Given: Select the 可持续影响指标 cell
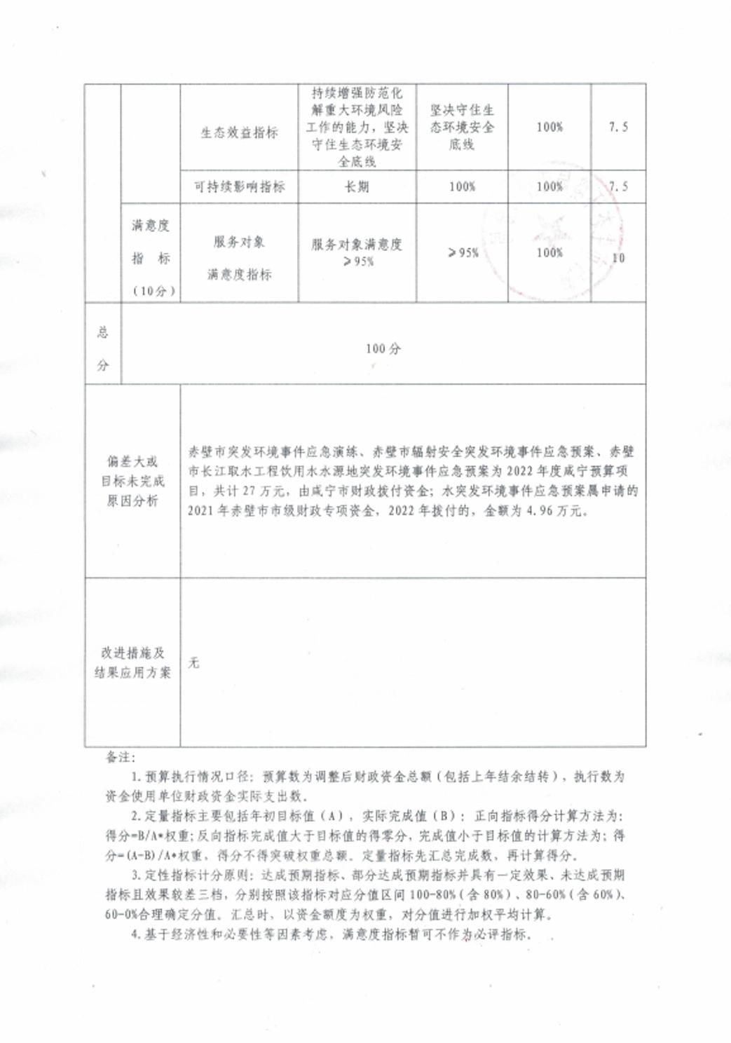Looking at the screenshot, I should pos(239,186).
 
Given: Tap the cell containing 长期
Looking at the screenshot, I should pos(357,186).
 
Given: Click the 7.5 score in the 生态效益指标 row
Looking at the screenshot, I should pos(618,127).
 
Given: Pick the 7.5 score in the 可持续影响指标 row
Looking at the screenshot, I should pos(618,186).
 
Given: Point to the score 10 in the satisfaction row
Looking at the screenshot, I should pos(618,258).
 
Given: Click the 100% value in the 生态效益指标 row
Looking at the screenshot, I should pos(549,127).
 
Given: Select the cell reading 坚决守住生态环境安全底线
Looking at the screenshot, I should pos(462,127).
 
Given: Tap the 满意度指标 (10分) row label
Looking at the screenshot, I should pos(151,257).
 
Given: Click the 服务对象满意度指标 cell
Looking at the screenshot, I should pos(239,258).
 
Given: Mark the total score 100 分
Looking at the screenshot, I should pos(383,348).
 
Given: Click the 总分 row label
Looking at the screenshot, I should pos(103,348).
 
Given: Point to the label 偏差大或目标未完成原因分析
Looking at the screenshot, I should pos(132,481).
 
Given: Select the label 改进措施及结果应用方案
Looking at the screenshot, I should pos(132,662).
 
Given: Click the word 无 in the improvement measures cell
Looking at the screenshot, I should pos(194,662).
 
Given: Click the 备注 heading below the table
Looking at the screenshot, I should pos(120,757).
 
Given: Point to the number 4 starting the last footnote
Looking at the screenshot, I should pos(135,934).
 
